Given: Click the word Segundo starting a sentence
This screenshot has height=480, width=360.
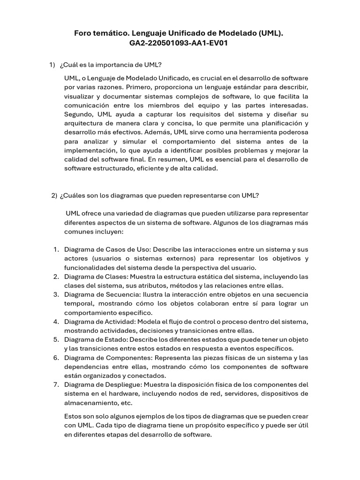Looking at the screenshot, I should (x=79, y=114).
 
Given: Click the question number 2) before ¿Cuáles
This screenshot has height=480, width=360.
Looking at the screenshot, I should (x=54, y=195).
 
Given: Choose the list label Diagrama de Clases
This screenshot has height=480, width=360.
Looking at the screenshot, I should (x=96, y=277).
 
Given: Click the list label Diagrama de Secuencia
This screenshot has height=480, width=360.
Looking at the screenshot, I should (x=101, y=294).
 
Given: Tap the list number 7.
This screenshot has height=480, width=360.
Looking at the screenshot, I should (x=56, y=385).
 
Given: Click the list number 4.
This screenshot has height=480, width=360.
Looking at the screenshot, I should (x=56, y=322).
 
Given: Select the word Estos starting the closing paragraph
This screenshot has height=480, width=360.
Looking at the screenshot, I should (x=73, y=416).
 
